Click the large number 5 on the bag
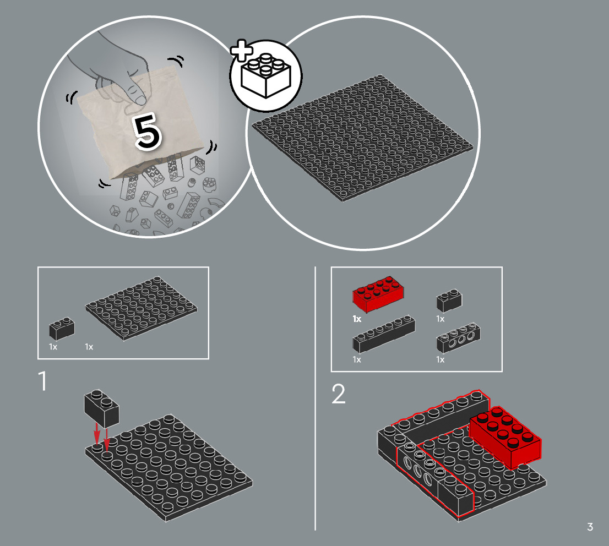[x=148, y=131]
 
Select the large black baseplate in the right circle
[x=363, y=138]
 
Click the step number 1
[x=43, y=380]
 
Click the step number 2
[x=338, y=394]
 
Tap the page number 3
[x=590, y=527]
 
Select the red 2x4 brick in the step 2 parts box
[x=378, y=294]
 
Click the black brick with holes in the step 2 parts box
[x=458, y=337]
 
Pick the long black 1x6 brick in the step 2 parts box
[x=384, y=334]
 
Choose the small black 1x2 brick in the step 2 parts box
[x=449, y=300]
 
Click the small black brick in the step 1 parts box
[x=62, y=329]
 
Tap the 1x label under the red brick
[x=357, y=319]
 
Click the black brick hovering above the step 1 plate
[x=101, y=408]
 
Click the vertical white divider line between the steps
[x=315, y=398]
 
